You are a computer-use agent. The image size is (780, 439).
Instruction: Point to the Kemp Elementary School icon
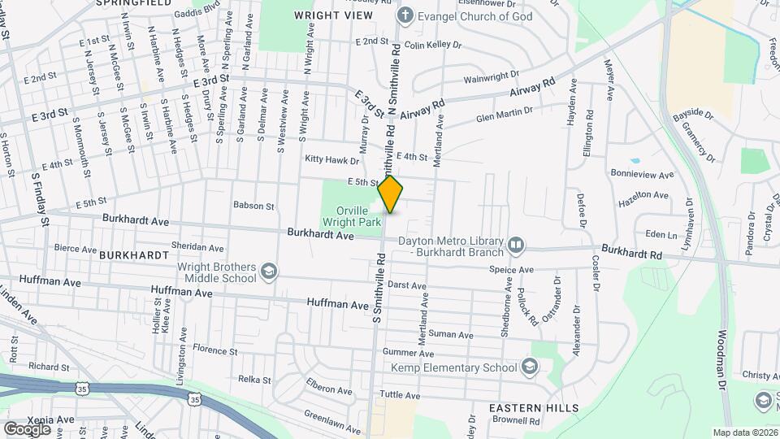531,367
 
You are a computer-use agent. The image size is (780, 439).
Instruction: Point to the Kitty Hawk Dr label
331,160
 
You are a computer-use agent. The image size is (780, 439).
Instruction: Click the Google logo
27,428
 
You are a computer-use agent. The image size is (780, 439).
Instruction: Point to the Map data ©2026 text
744,432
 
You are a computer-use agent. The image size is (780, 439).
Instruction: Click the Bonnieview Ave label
643,175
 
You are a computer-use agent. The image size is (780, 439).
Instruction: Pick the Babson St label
253,206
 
